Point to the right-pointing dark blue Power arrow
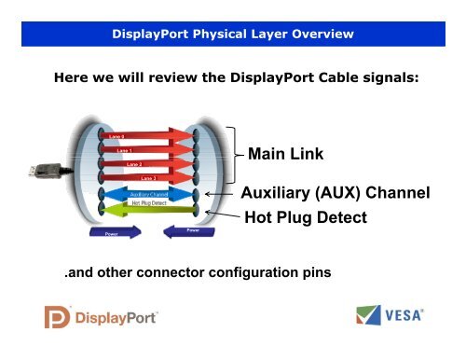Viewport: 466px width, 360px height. tap(114, 231)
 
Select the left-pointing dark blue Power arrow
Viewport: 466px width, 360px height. tap(187, 229)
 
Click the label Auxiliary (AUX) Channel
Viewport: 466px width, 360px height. tap(335, 193)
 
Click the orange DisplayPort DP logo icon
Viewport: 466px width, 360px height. tap(58, 317)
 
